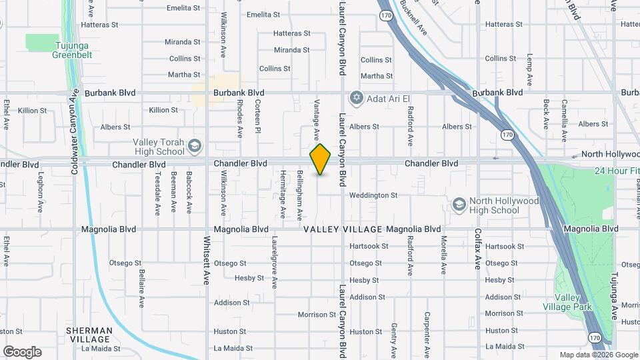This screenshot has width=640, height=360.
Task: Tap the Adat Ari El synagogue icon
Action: (356, 99)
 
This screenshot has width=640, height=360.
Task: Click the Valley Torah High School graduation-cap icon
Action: (195, 146)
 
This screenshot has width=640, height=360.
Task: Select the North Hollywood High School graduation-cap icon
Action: (458, 205)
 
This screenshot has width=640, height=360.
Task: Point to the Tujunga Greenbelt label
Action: (72, 51)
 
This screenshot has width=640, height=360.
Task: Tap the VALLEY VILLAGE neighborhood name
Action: (343, 229)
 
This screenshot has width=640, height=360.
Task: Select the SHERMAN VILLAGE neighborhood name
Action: (89, 335)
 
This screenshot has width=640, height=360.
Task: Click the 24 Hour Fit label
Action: (617, 170)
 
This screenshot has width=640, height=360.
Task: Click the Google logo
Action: (22, 352)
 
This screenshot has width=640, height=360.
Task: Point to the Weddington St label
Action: (373, 195)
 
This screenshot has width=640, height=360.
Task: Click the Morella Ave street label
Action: (443, 255)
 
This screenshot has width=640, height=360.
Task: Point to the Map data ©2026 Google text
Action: (599, 355)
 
